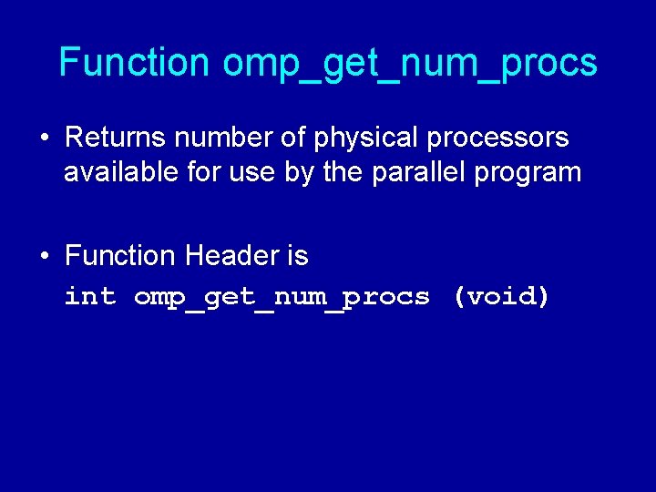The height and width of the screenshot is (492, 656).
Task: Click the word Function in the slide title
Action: (134, 63)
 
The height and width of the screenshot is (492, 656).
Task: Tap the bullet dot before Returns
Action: (44, 138)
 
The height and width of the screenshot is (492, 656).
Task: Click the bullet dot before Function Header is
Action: (44, 257)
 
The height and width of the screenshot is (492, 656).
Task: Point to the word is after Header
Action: (297, 256)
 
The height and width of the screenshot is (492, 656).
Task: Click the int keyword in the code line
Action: (90, 297)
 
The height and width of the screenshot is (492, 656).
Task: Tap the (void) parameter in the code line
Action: (501, 297)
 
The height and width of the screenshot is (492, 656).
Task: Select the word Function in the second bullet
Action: (120, 256)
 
